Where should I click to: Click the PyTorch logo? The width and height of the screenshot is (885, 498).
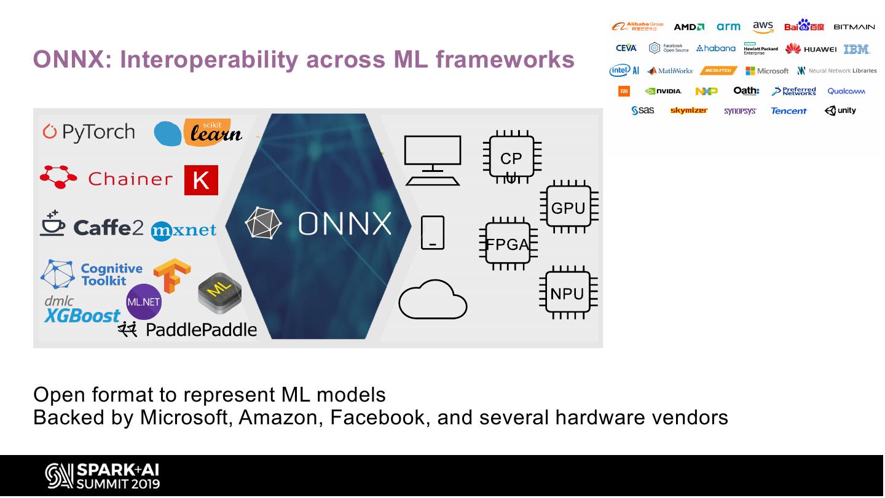click(88, 132)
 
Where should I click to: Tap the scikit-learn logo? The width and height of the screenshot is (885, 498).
click(198, 131)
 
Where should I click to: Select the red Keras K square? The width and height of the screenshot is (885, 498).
click(201, 180)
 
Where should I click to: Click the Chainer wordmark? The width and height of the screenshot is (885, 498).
click(130, 179)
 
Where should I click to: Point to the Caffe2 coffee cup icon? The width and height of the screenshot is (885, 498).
click(52, 224)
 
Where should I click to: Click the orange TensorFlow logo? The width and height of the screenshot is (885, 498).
click(172, 274)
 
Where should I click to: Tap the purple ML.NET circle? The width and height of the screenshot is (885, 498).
click(144, 302)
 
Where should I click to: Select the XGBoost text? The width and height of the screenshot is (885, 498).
click(82, 316)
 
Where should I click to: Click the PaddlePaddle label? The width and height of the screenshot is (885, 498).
click(200, 330)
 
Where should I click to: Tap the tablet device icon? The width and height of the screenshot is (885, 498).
click(433, 233)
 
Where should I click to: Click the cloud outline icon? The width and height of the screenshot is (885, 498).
click(433, 300)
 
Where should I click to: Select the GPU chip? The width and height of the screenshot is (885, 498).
click(568, 208)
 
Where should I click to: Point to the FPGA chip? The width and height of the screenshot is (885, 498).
click(508, 244)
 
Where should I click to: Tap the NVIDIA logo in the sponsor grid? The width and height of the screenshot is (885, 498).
click(663, 91)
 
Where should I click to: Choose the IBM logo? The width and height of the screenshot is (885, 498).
click(857, 49)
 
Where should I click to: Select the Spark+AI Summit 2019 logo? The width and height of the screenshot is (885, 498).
click(102, 477)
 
